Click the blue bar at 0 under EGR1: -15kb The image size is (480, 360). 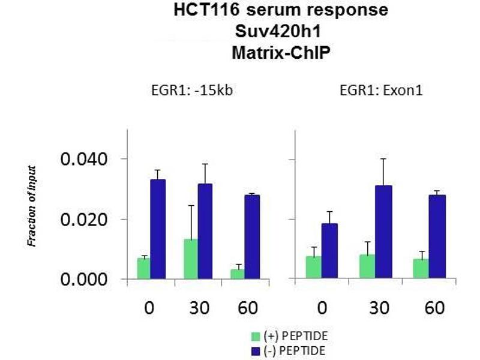pyautogui.click(x=158, y=229)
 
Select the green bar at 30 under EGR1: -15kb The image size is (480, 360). pyautogui.click(x=190, y=259)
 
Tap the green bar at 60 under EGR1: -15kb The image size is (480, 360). pyautogui.click(x=237, y=274)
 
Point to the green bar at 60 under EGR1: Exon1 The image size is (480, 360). pyautogui.click(x=421, y=269)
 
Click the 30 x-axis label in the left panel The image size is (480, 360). pyautogui.click(x=198, y=308)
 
